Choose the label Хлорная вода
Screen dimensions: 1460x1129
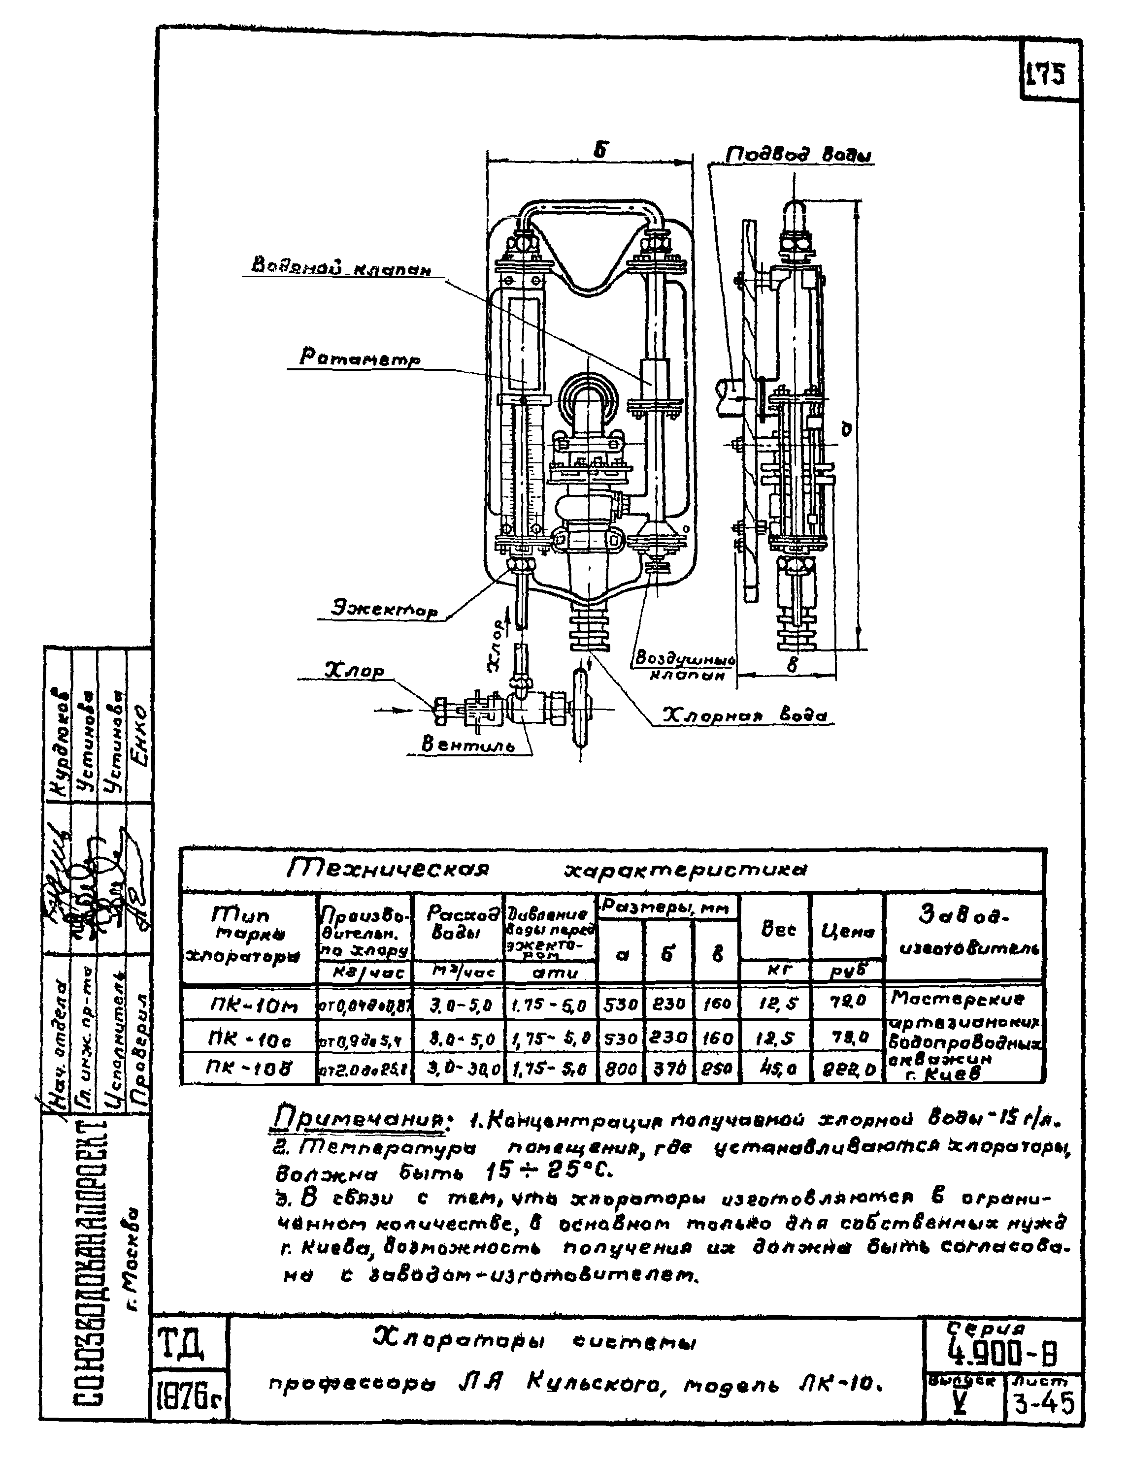[744, 716]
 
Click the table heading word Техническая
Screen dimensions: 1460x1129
[388, 869]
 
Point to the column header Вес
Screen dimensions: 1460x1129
[777, 929]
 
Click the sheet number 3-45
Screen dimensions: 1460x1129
[1043, 1402]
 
